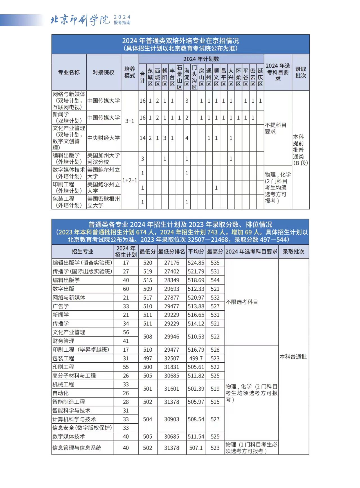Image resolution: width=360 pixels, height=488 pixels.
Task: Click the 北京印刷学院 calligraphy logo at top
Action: point(80,20)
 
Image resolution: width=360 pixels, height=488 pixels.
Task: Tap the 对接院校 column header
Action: point(103,72)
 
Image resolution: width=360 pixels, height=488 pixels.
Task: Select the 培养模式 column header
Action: point(130,72)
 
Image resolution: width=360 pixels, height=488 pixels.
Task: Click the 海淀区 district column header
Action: point(187,77)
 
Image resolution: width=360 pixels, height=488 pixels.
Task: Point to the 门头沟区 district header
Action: point(194,77)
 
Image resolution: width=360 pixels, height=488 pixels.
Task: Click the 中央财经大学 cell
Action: point(103,138)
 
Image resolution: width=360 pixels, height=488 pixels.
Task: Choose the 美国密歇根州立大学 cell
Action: point(103,202)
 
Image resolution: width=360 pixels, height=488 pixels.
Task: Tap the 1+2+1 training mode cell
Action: point(130,180)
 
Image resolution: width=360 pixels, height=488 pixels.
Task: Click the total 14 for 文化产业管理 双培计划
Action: point(143,138)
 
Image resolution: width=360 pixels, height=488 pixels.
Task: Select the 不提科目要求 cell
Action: point(276,128)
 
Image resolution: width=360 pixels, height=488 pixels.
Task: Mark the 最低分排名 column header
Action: point(172,252)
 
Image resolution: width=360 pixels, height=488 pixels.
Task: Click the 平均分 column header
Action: point(196,252)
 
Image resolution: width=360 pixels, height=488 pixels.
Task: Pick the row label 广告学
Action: point(61,306)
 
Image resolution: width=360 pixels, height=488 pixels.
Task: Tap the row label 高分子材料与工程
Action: point(74,376)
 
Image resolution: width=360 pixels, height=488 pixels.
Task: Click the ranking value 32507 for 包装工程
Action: point(172,358)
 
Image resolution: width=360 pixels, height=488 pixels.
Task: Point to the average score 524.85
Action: point(196,263)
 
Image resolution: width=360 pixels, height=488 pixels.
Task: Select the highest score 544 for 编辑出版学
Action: point(215,280)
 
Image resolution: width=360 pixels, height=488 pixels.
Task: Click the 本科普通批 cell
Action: point(293,357)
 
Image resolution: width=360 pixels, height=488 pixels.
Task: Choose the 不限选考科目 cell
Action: point(242,302)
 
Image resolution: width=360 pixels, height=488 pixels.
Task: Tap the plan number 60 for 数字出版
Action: point(126,289)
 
